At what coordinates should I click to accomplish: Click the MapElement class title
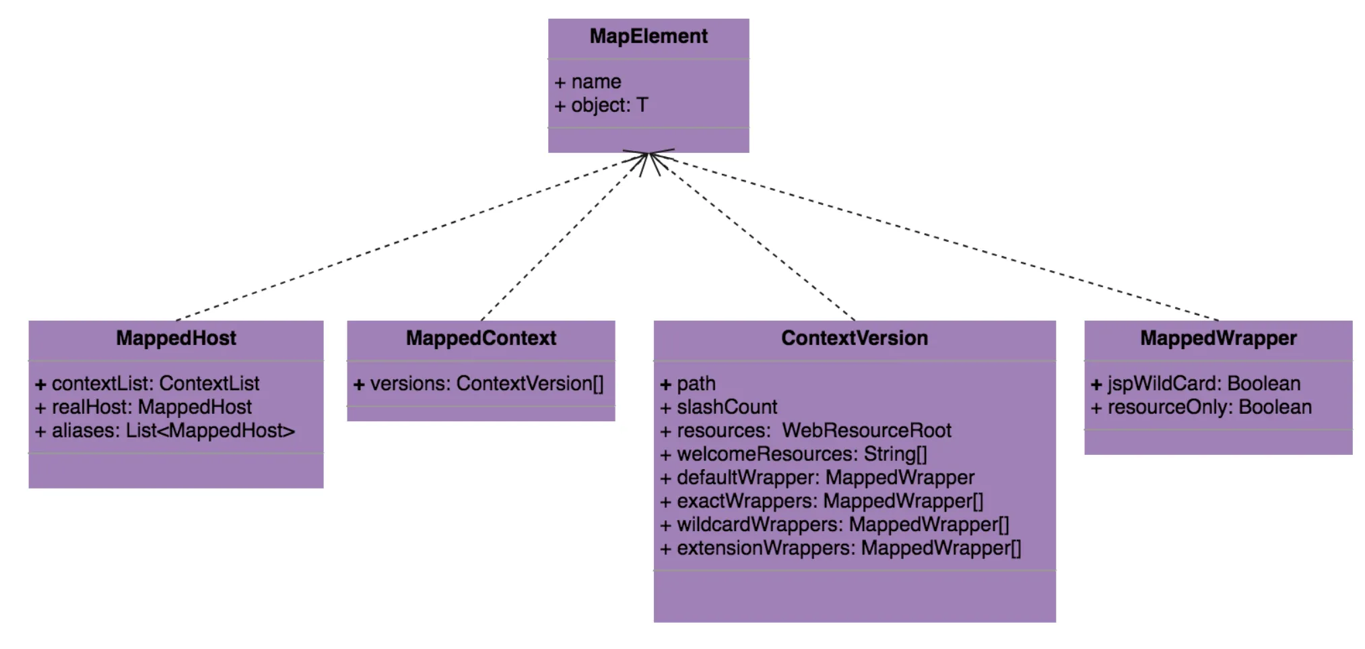[x=648, y=36]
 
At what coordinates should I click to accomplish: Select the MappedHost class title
[x=176, y=338]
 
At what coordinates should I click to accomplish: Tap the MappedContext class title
[x=481, y=338]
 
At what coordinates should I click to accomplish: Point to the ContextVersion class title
[x=854, y=338]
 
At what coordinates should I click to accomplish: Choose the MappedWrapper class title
[x=1218, y=338]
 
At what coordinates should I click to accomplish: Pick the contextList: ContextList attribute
[x=147, y=384]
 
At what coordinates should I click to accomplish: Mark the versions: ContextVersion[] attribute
[x=479, y=384]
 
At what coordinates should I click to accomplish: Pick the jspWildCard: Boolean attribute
[x=1195, y=384]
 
